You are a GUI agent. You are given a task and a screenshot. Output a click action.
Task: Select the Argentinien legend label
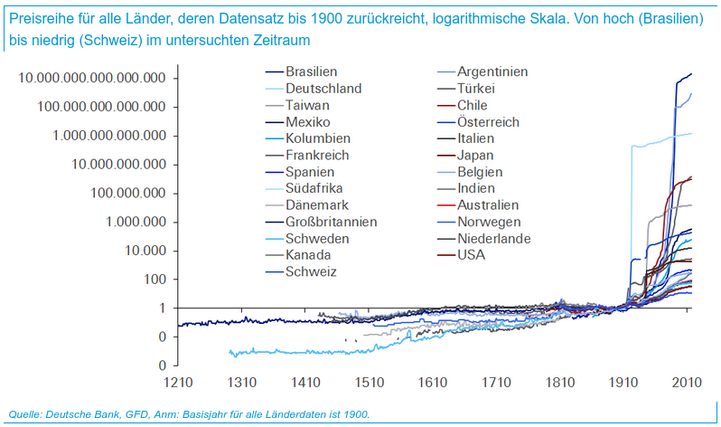[x=492, y=71]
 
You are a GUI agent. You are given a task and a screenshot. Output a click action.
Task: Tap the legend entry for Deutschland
[x=323, y=89]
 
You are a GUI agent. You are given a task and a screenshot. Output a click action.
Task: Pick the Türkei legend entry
[x=482, y=89]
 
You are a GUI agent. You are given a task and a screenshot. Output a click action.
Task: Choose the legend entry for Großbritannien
[x=331, y=222]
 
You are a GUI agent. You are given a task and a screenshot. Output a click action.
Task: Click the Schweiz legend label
[x=311, y=271]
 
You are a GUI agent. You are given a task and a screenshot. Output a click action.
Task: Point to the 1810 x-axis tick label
[x=558, y=382]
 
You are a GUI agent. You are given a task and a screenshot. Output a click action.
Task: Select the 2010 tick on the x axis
[x=685, y=382]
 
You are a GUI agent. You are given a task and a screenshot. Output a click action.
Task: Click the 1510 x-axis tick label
[x=369, y=382]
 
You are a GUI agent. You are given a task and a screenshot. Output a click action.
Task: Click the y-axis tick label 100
[x=154, y=280]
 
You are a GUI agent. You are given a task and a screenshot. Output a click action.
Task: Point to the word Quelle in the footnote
[x=24, y=414]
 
